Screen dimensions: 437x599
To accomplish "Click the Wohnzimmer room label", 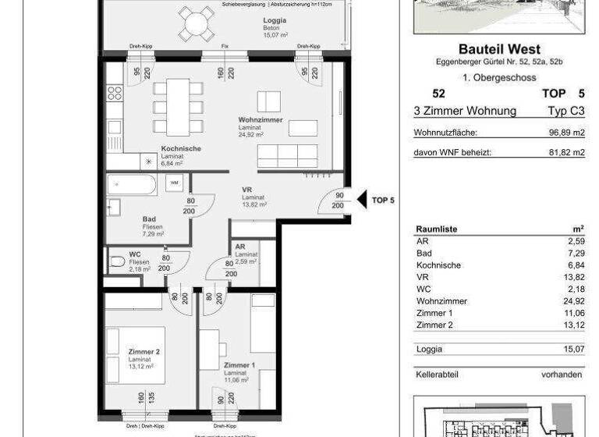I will (x=261, y=120).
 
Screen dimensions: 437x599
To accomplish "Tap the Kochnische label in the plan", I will (x=181, y=149).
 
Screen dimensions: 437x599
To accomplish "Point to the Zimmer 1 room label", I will (x=239, y=365).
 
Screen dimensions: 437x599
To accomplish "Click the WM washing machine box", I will (x=174, y=183).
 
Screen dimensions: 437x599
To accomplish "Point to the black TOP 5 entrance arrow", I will (x=362, y=200).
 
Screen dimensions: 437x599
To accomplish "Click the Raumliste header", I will (x=437, y=229).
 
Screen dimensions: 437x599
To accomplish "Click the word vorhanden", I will (x=561, y=375).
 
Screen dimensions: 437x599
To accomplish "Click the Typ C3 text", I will (x=566, y=111).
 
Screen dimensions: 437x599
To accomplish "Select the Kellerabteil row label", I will (x=438, y=375).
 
